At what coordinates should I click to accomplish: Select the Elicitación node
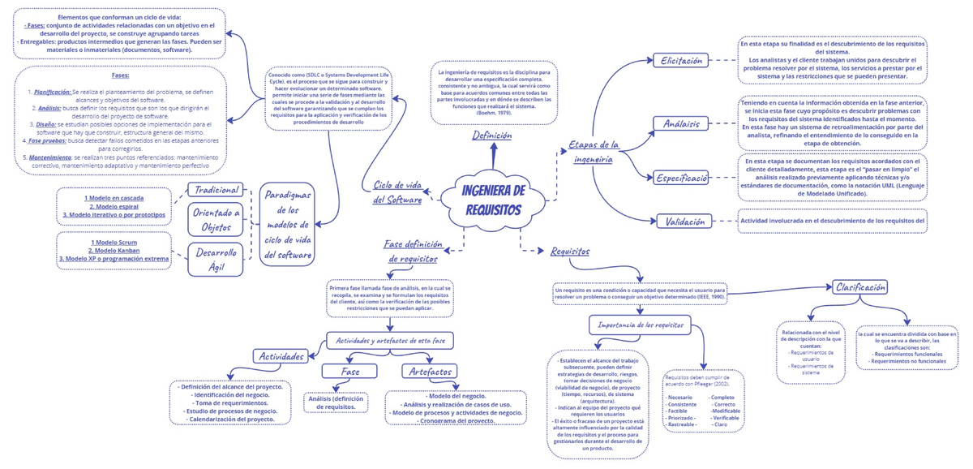(x=683, y=61)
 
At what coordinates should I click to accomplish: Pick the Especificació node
(x=683, y=177)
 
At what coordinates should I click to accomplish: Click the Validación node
(x=684, y=222)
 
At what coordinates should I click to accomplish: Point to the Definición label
(x=492, y=136)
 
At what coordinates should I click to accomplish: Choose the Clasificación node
(x=859, y=286)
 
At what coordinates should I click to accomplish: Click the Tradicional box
(x=215, y=189)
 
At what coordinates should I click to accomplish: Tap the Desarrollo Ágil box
(x=216, y=259)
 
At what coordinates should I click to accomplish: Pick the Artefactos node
(x=431, y=371)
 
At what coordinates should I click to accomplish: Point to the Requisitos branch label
(x=570, y=252)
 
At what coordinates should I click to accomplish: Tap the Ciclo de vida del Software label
(x=397, y=192)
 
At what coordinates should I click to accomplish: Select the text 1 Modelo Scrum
(x=114, y=243)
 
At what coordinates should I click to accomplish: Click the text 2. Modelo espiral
(x=114, y=207)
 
